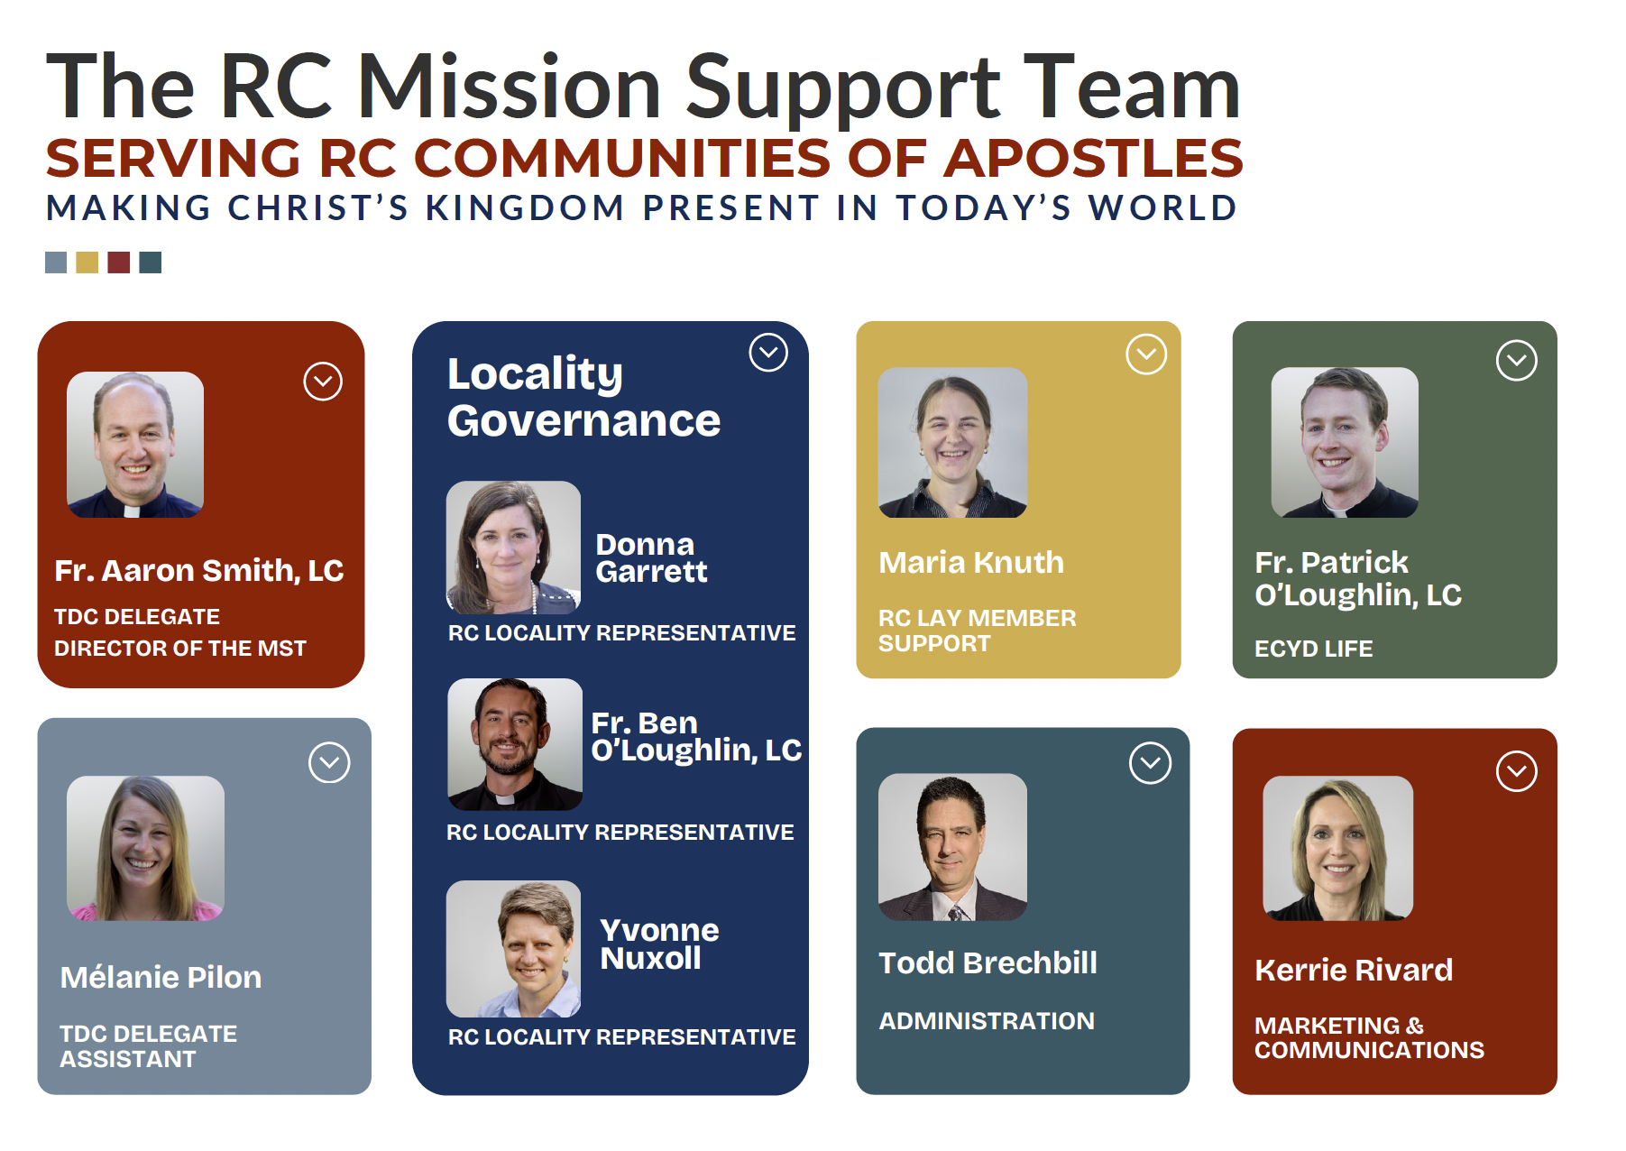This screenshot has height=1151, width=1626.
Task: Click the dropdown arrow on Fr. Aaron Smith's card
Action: click(x=323, y=382)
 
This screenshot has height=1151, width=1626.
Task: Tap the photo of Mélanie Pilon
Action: click(x=145, y=848)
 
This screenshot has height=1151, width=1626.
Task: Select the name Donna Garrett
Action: click(x=651, y=557)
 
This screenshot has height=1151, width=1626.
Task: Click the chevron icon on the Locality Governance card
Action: click(x=768, y=353)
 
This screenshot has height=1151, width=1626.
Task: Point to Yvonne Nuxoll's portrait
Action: click(x=513, y=949)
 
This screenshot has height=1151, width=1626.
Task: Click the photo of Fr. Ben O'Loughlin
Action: click(x=515, y=744)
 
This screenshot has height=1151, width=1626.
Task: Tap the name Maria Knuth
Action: click(x=971, y=563)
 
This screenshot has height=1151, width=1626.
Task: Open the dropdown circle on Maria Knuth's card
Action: click(x=1146, y=355)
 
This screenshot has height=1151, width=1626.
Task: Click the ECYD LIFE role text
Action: click(x=1313, y=649)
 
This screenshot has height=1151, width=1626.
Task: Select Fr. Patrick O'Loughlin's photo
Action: click(x=1345, y=442)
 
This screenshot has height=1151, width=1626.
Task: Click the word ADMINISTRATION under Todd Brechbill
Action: click(x=987, y=1021)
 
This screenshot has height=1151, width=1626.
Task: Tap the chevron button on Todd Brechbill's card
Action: click(x=1150, y=763)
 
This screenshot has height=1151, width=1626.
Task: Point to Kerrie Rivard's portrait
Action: click(x=1337, y=848)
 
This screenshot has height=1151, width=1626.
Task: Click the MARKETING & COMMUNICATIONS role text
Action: click(x=1369, y=1038)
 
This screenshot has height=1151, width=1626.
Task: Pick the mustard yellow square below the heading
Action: click(x=87, y=262)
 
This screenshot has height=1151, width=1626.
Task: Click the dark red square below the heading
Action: click(x=118, y=262)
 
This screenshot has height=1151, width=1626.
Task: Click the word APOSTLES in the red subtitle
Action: click(x=1093, y=158)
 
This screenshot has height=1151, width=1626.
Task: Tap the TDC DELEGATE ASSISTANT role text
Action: click(x=148, y=1046)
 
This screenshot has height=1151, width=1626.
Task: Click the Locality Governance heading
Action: click(x=583, y=397)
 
